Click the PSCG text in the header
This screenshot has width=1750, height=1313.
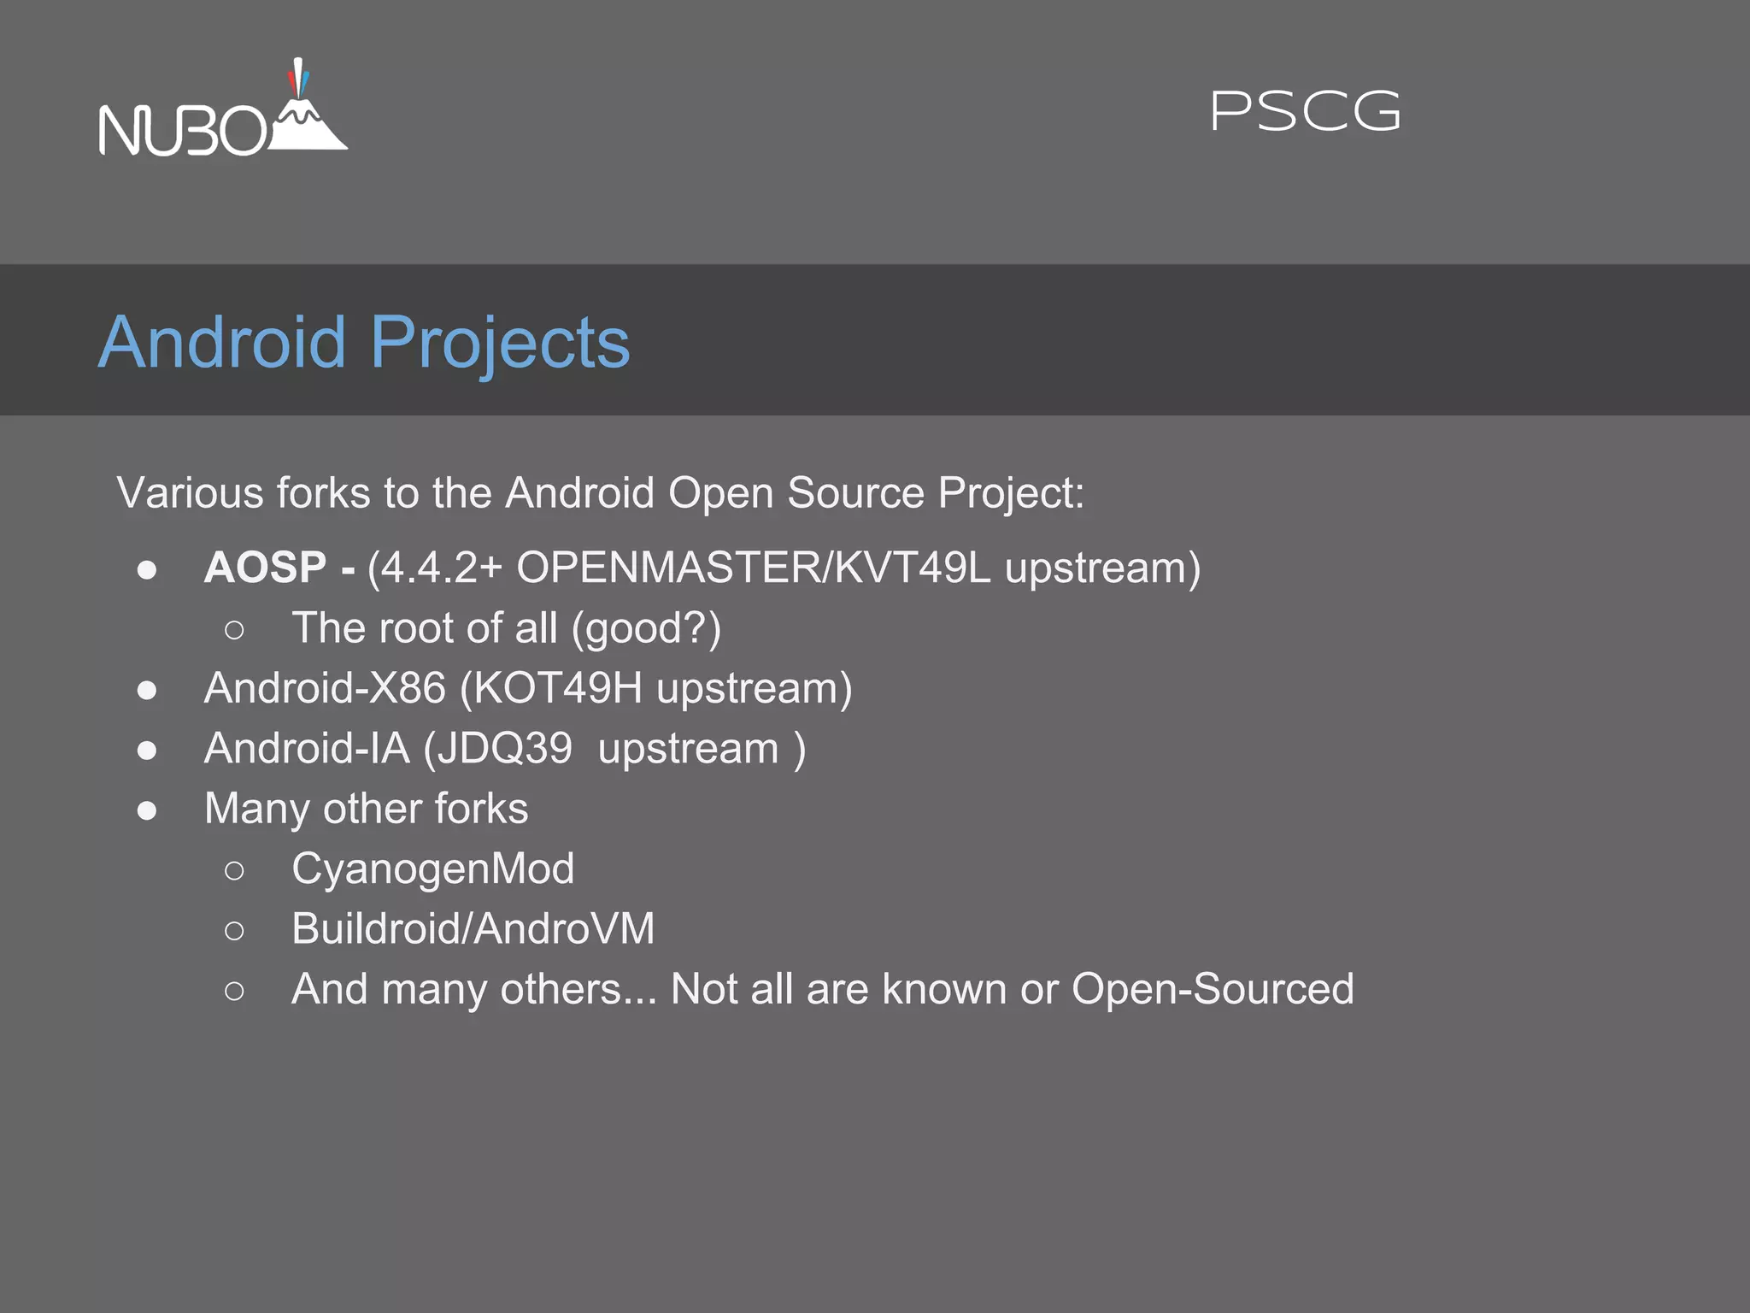(1305, 112)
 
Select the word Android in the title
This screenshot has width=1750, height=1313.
(222, 342)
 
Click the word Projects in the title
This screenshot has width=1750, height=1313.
(500, 344)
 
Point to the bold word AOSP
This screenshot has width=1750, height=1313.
(265, 568)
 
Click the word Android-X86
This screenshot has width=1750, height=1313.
(325, 688)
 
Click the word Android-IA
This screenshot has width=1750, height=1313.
(307, 748)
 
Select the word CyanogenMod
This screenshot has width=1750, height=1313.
(432, 869)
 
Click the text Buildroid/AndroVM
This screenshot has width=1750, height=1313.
(473, 929)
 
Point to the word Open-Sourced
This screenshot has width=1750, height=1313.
(1213, 989)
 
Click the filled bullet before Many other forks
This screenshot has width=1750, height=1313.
(147, 810)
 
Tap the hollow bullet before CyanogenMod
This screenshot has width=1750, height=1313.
(234, 871)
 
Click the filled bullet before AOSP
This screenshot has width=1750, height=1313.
(147, 570)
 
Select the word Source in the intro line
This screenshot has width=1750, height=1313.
(855, 493)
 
